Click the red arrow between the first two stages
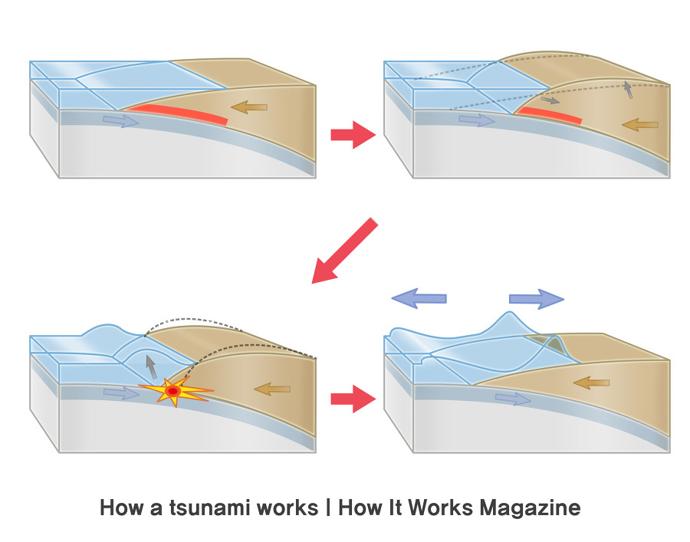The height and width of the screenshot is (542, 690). (x=351, y=135)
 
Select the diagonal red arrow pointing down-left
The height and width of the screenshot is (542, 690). (x=345, y=251)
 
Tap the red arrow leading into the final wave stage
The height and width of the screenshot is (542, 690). (x=351, y=399)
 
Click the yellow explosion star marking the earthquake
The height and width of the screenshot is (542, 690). (x=175, y=392)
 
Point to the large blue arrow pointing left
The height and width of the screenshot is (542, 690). (x=419, y=297)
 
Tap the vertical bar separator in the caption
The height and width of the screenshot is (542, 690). (x=328, y=508)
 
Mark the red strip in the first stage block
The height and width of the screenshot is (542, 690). (x=179, y=115)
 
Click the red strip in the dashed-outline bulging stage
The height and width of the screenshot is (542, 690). (x=547, y=115)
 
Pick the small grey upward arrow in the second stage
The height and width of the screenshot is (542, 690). (x=629, y=89)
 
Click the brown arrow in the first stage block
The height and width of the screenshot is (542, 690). (x=250, y=107)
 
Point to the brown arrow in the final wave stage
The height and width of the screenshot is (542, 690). (x=591, y=382)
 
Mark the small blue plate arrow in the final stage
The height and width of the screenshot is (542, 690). (x=513, y=399)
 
